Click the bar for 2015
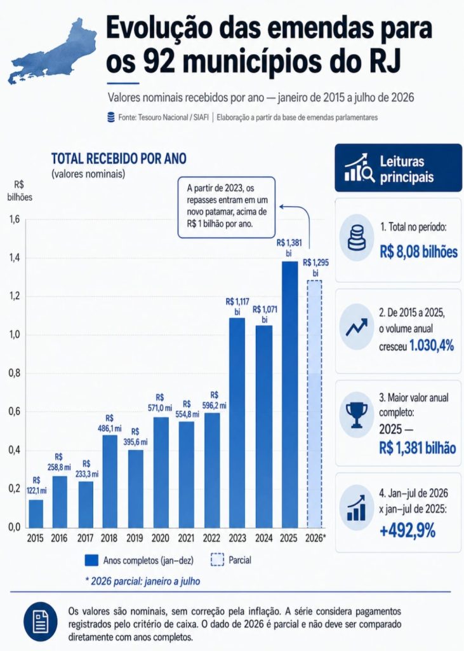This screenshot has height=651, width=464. (36, 514)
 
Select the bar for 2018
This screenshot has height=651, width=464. (110, 481)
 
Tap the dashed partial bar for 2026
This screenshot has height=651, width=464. (314, 404)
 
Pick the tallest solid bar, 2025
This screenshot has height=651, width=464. (290, 394)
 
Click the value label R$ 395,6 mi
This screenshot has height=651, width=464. (135, 437)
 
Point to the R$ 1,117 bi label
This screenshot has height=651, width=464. (237, 306)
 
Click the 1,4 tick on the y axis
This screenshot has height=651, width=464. (15, 258)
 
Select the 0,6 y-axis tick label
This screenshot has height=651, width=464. (15, 411)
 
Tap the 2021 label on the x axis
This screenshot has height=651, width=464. (186, 538)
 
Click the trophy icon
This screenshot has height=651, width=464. (357, 415)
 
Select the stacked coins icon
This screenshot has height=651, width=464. (357, 238)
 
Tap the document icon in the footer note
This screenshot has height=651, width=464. (41, 622)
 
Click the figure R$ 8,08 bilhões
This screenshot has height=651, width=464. (419, 252)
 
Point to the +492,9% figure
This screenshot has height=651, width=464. (408, 531)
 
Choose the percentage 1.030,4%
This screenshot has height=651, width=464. (432, 345)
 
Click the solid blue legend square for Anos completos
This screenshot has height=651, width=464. (91, 560)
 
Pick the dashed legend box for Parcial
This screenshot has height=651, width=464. (217, 560)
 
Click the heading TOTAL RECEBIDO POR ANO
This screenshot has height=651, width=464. (119, 158)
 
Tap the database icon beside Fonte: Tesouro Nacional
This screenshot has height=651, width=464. (110, 118)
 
